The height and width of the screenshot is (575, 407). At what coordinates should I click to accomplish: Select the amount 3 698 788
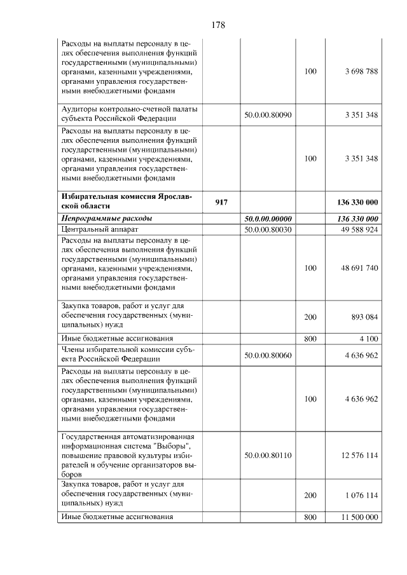361,72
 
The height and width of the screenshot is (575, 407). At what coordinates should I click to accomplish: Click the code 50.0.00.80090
268,115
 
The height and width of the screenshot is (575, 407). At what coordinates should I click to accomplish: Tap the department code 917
221,202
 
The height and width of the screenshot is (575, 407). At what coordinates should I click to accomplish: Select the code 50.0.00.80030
268,229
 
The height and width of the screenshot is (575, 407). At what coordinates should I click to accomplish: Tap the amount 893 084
364,316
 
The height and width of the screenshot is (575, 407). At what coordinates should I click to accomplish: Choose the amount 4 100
368,339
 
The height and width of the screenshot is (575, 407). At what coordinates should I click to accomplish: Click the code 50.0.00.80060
268,355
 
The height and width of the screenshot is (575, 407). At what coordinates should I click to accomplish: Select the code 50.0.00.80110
268,455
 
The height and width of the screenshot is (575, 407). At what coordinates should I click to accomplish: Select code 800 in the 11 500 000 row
310,517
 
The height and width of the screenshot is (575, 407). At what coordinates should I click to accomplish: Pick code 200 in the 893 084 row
310,316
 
